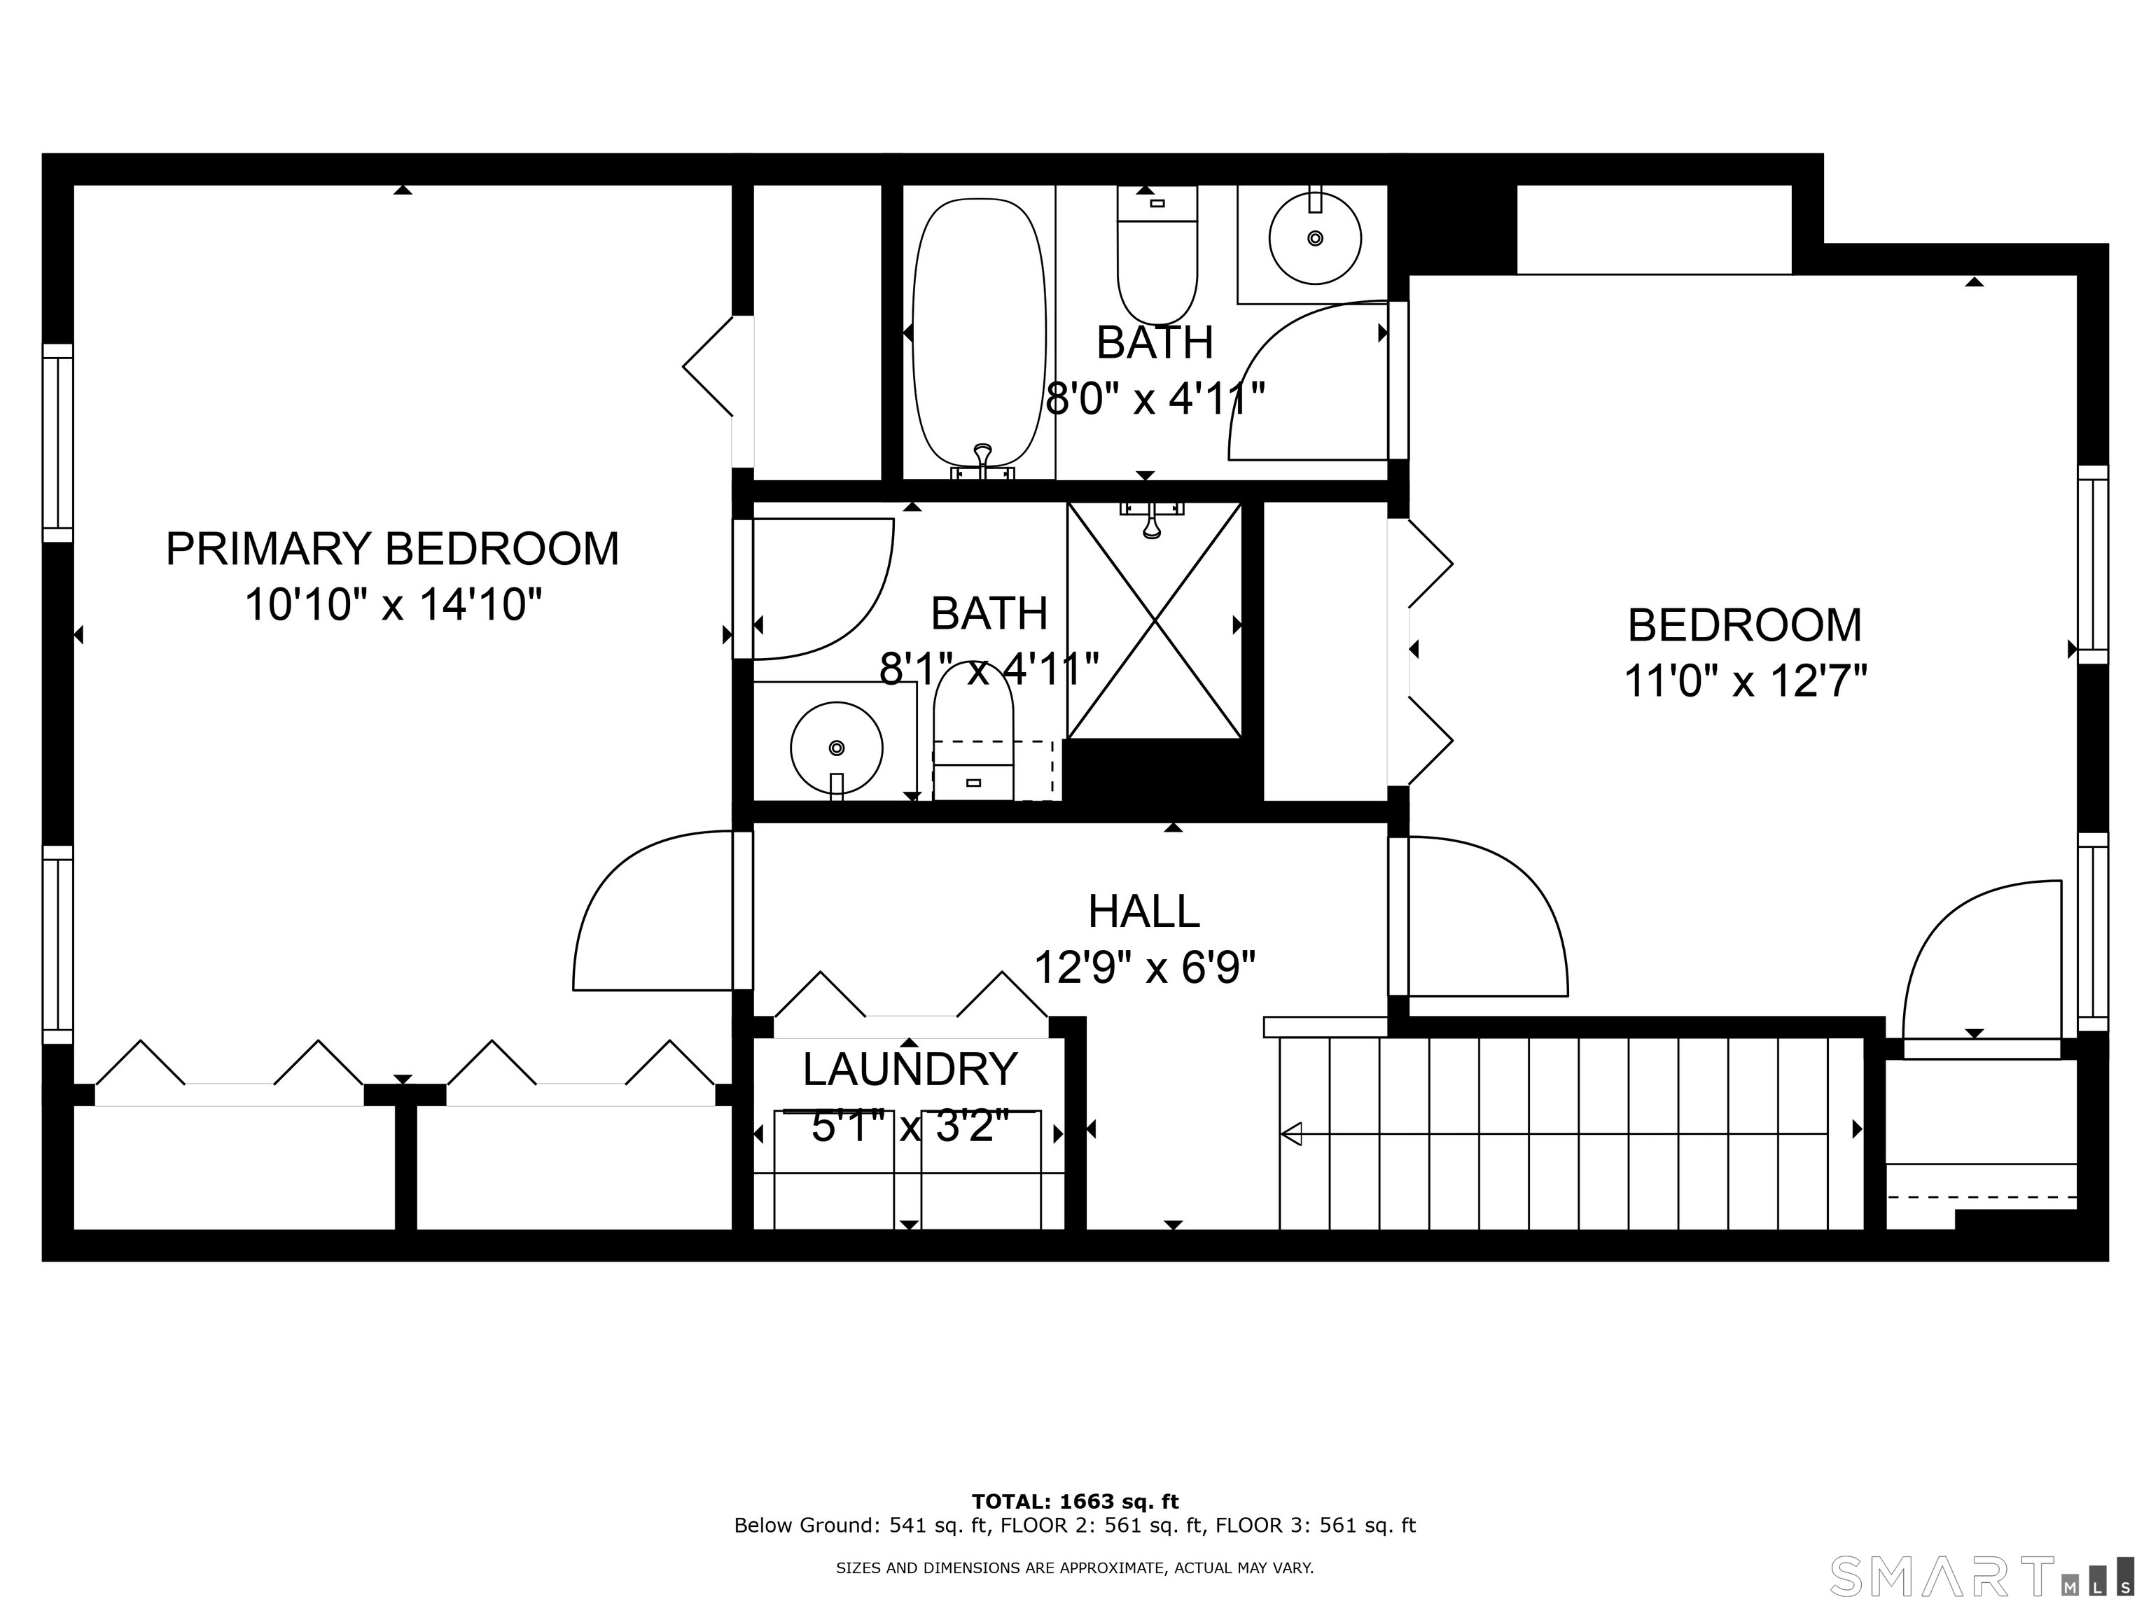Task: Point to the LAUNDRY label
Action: pyautogui.click(x=910, y=1070)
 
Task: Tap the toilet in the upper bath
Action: pyautogui.click(x=1157, y=255)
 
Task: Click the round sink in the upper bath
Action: pyautogui.click(x=1315, y=237)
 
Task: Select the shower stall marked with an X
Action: pyautogui.click(x=1154, y=620)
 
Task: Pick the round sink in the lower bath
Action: pyautogui.click(x=836, y=748)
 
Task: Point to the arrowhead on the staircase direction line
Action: pyautogui.click(x=1291, y=1133)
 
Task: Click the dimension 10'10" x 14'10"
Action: pyautogui.click(x=392, y=605)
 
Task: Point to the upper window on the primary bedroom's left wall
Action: pyautogui.click(x=57, y=443)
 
